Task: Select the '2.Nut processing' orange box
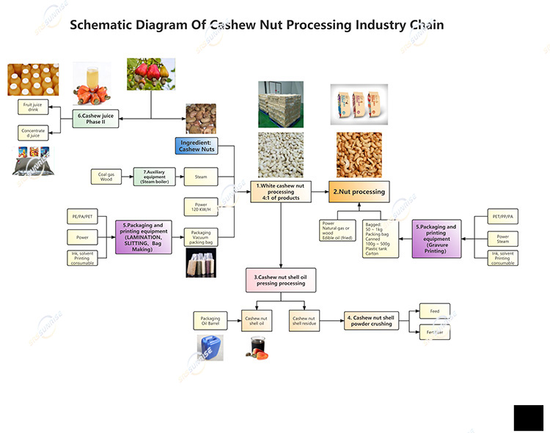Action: [359, 192]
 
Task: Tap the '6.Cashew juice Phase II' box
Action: [98, 119]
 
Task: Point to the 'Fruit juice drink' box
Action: [30, 108]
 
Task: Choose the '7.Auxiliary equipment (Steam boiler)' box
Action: [154, 177]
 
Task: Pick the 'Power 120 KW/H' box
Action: [200, 207]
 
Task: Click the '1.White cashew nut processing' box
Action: [280, 192]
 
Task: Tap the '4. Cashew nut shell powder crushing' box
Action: [372, 320]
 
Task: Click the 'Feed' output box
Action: [434, 311]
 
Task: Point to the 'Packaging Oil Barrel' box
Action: [209, 320]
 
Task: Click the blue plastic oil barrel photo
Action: [210, 347]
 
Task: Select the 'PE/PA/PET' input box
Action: [81, 218]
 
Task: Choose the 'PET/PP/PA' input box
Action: [503, 218]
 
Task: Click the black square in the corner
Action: [528, 418]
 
